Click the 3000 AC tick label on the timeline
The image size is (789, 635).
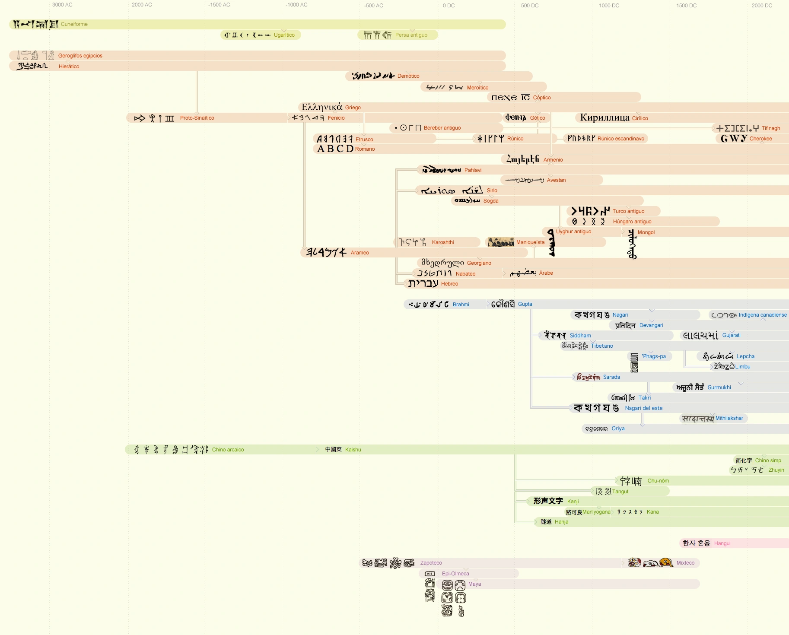[62, 5]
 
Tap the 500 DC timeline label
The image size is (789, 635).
[530, 6]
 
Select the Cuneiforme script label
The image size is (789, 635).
[74, 24]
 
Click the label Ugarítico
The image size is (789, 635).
[284, 35]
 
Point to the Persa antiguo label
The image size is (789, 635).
[411, 35]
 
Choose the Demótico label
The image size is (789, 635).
[408, 76]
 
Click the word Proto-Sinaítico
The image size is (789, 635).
[197, 118]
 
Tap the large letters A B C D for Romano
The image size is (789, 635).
[335, 149]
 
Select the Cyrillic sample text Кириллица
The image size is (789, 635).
[604, 117]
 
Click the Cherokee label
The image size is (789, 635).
[761, 139]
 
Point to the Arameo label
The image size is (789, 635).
[360, 253]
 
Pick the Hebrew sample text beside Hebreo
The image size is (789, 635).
[423, 283]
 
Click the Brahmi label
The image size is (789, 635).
[461, 305]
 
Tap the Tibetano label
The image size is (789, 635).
[602, 346]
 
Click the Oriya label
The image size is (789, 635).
[618, 429]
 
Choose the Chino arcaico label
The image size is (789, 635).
[228, 450]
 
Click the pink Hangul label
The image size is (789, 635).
[722, 543]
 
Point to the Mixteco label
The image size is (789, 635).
[685, 563]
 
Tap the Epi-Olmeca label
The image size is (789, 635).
[455, 574]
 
